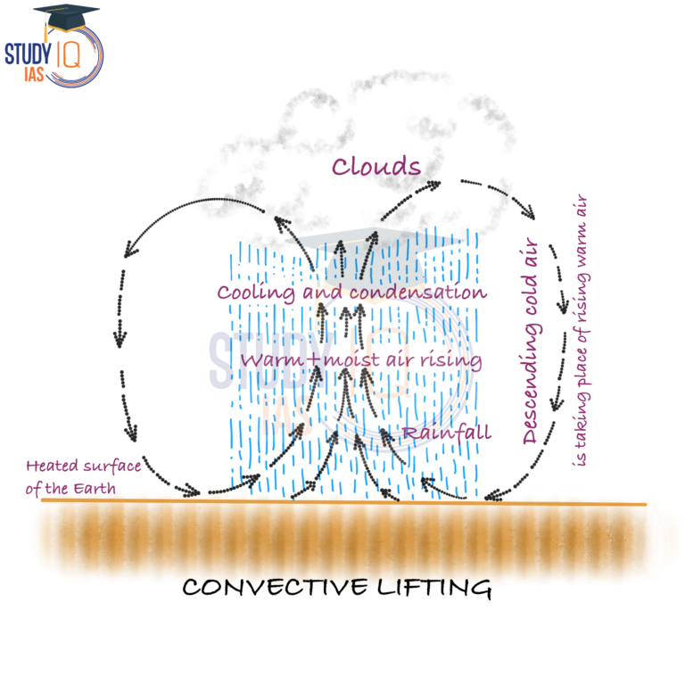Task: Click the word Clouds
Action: (x=376, y=167)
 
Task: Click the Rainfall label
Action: (x=446, y=433)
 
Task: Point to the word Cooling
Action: (x=252, y=293)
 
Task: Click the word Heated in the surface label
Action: (x=50, y=466)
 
